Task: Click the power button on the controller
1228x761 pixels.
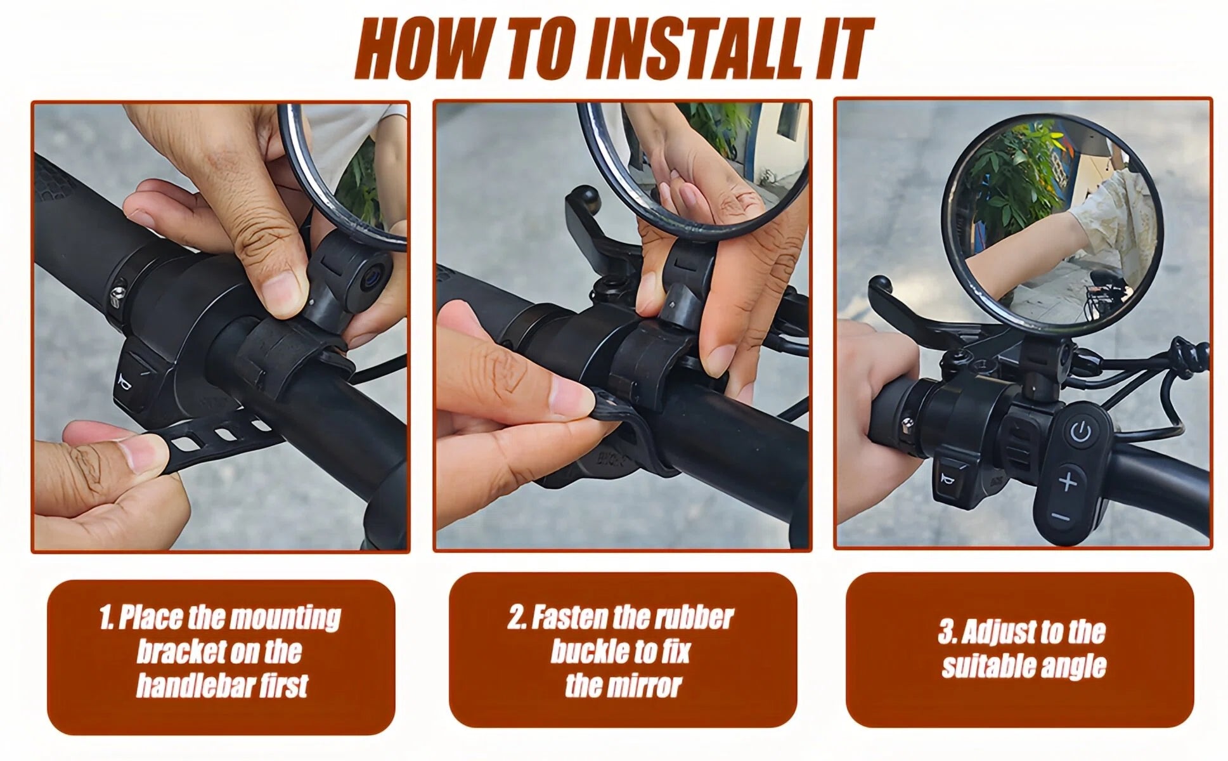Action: [x=1081, y=433]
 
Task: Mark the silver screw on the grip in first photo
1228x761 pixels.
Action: [x=117, y=294]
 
